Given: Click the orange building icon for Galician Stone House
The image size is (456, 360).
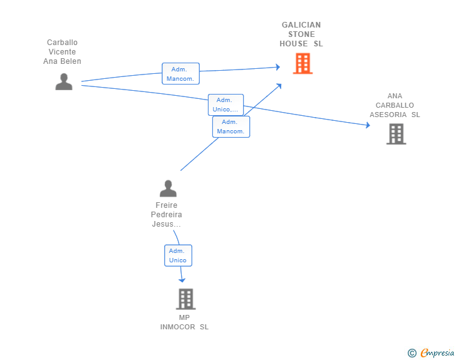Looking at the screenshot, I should point(303,63).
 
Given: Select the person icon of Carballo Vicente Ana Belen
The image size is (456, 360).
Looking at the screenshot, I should point(63,81).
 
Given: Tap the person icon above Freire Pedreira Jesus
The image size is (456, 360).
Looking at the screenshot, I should point(168,188).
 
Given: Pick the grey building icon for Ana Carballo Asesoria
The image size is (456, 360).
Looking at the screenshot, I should point(396,134).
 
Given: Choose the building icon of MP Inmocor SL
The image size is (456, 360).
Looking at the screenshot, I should point(185,299).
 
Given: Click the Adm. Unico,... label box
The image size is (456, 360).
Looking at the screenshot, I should point(225,105).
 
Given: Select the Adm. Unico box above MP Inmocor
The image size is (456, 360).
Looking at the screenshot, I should point(177,255).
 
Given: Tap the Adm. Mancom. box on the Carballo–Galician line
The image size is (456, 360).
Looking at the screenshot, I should point(181,74).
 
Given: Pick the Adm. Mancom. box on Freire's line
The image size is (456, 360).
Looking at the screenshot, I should point(231,126).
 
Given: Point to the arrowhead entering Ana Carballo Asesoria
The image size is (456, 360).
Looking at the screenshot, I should point(368,125).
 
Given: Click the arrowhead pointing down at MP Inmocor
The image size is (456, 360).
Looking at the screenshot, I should point(182,280).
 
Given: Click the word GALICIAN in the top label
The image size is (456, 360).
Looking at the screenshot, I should point(301,25).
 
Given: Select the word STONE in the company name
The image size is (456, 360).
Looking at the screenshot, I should point(301,34).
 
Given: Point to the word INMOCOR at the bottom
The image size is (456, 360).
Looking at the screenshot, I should point(179,327).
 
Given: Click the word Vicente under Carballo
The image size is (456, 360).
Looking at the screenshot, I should point(62,52).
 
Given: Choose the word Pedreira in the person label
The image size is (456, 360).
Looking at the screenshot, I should point(167,215).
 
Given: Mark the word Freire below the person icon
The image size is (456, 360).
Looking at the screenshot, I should point(167,205).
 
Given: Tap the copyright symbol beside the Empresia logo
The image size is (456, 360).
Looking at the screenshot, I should point(412,353).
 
